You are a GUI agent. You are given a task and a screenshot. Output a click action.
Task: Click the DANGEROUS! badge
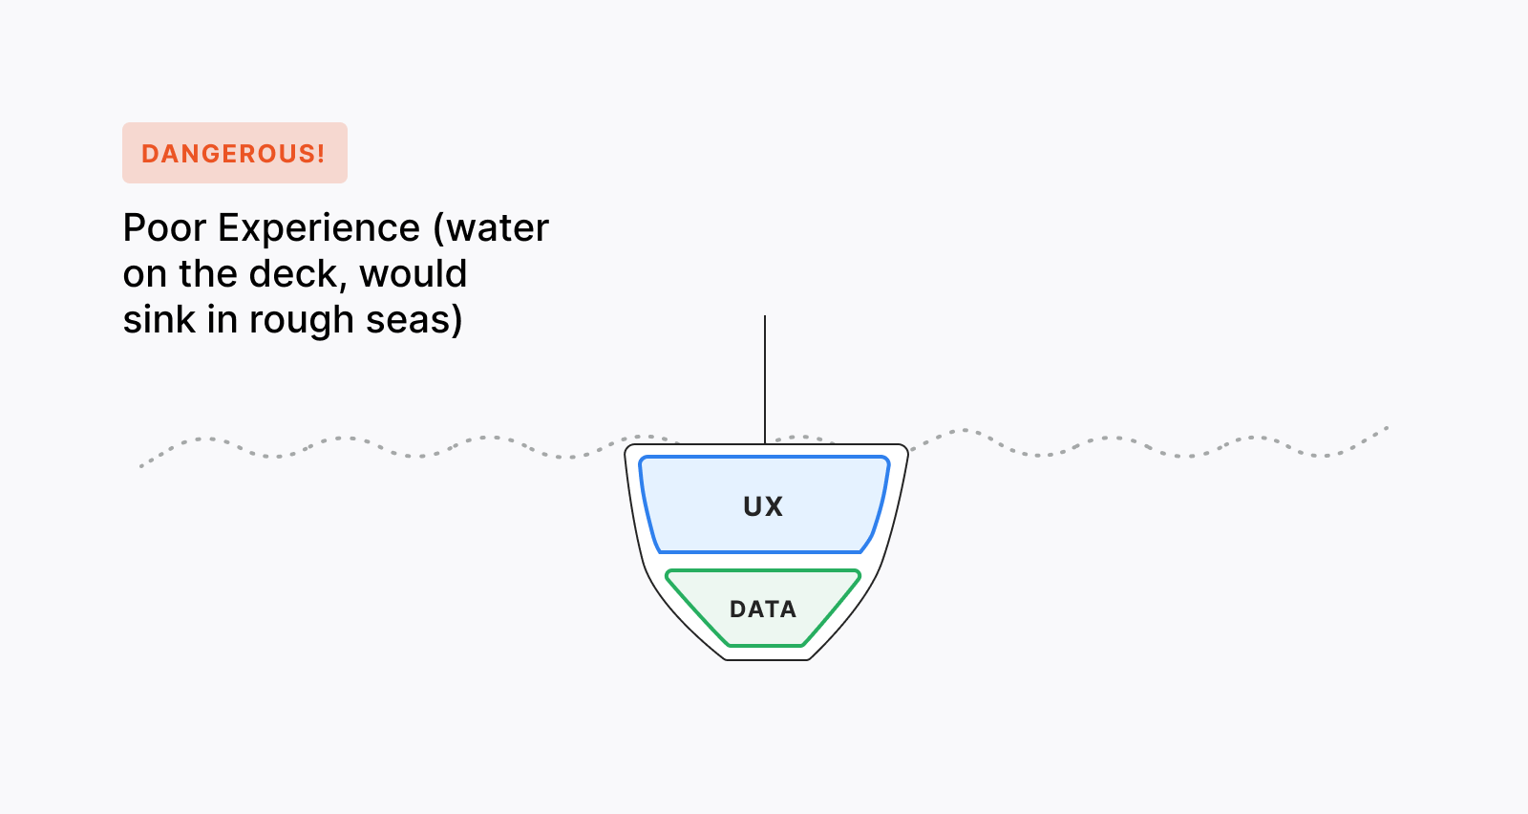click(234, 153)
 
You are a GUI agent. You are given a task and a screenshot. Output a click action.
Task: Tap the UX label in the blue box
click(763, 506)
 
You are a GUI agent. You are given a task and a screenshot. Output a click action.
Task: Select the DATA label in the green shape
click(763, 610)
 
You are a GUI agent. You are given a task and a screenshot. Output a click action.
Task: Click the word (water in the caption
click(491, 228)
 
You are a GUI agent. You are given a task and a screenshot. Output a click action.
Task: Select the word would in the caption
click(414, 274)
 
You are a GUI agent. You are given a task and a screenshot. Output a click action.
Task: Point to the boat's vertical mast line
click(765, 382)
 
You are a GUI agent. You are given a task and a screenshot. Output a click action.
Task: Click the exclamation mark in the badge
click(321, 153)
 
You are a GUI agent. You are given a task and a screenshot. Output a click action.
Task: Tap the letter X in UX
click(774, 506)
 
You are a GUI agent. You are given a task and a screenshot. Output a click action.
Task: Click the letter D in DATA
click(737, 610)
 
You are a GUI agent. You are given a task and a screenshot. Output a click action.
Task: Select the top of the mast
click(765, 317)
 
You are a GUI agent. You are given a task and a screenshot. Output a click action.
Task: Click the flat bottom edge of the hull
click(767, 659)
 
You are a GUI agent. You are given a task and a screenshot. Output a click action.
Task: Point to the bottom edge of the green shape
click(764, 646)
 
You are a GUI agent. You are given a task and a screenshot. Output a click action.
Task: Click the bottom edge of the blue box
click(759, 551)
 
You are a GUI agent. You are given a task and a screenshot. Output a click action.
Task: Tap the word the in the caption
click(208, 274)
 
